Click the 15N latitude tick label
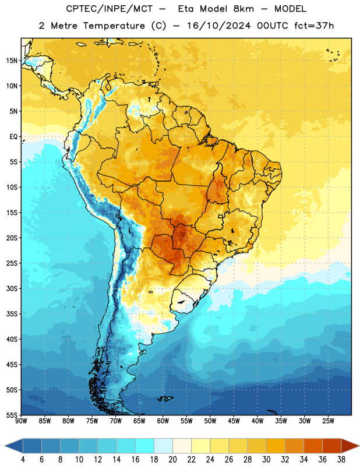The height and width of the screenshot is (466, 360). point(12,61)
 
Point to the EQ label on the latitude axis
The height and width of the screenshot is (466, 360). point(13,137)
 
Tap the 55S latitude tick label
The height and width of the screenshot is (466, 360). point(12,415)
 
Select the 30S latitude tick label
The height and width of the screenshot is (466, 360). point(12,288)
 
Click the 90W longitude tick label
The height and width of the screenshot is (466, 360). point(21,421)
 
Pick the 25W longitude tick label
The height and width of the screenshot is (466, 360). point(328,421)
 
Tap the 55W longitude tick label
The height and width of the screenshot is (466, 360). point(186,421)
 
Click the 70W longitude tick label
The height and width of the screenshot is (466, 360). point(116,421)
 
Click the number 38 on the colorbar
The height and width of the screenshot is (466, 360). point(341,460)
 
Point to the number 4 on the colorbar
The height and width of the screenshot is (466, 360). point(23,460)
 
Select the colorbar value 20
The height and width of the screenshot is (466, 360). point(172,460)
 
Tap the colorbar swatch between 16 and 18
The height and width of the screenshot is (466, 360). point(145,446)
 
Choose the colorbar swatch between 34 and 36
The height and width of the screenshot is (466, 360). point(313,446)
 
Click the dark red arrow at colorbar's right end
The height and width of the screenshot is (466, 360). point(350,446)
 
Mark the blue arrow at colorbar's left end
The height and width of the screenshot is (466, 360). point(14,446)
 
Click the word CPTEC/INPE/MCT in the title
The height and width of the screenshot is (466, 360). point(109,9)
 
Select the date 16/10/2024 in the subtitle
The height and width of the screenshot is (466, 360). point(219,26)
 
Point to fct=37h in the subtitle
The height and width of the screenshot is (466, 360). point(314,26)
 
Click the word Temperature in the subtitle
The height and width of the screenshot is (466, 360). point(114,26)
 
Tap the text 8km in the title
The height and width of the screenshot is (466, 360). point(243,9)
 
